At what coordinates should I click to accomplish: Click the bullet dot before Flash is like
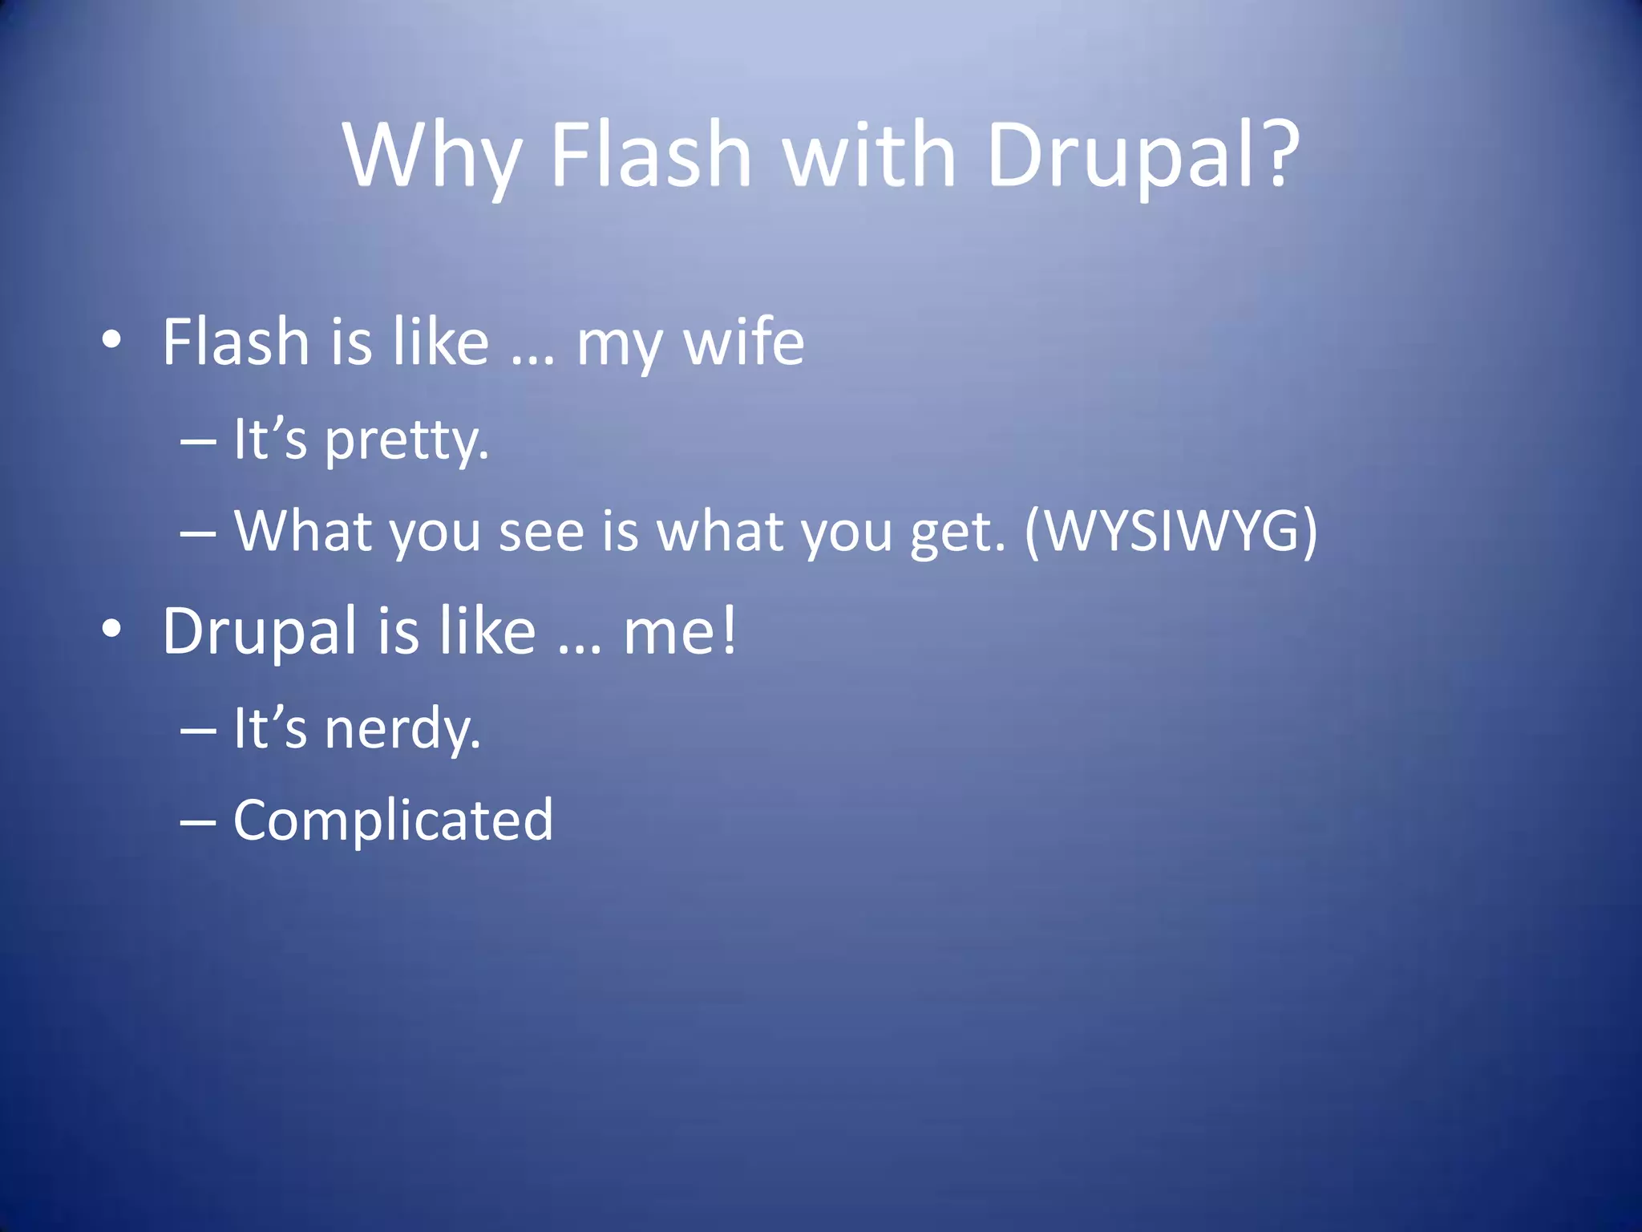(x=111, y=340)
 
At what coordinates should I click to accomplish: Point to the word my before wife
(x=619, y=346)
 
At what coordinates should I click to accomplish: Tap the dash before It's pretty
(x=198, y=441)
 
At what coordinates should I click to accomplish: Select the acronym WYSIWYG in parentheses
(x=1171, y=531)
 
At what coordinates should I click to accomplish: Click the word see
(x=541, y=533)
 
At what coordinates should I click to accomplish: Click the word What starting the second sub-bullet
(x=304, y=531)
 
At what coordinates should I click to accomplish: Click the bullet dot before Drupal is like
(x=111, y=630)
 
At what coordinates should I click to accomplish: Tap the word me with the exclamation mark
(x=679, y=631)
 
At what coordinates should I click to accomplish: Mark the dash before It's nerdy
(x=198, y=731)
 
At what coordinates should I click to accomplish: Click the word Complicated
(x=393, y=821)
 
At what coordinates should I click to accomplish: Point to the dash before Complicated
(x=198, y=822)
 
